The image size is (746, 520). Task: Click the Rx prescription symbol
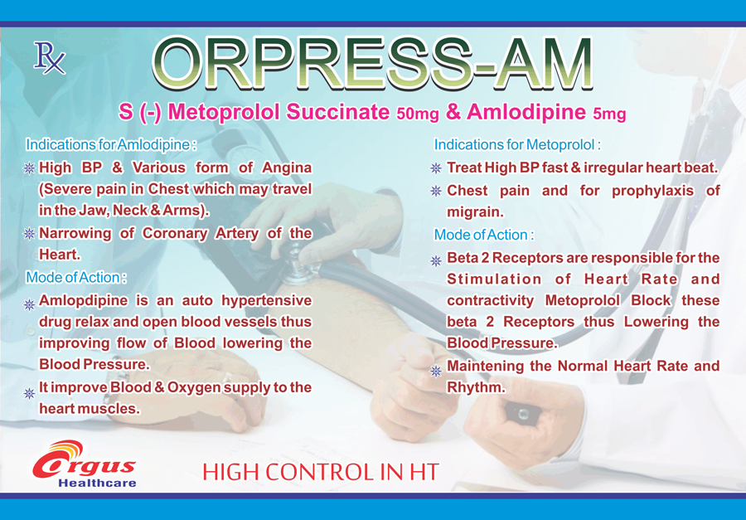click(49, 58)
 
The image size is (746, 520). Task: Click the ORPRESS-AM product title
click(372, 63)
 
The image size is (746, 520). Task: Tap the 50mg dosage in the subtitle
click(417, 114)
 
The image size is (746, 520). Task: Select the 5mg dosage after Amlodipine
click(609, 114)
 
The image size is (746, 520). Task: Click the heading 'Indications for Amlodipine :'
click(111, 145)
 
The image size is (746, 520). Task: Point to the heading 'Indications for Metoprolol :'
click(517, 145)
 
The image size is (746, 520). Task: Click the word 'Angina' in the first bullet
click(287, 168)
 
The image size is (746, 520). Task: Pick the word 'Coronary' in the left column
click(175, 234)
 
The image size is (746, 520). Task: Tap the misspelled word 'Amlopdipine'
click(83, 301)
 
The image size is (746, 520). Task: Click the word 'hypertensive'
click(266, 301)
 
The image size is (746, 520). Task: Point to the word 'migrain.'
click(475, 212)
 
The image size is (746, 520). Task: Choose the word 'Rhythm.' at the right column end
click(476, 387)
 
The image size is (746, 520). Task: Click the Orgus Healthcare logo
click(85, 464)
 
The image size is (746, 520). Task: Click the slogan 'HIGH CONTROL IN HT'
click(321, 472)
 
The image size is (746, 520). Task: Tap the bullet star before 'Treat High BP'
click(436, 168)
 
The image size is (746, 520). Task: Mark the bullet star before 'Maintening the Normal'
click(436, 371)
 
